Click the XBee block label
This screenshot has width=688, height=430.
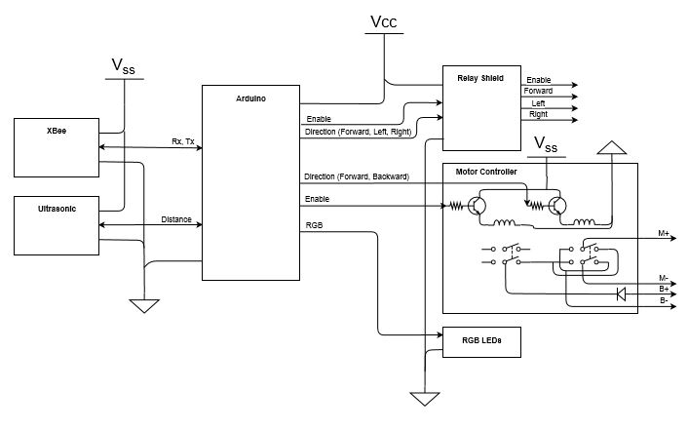coord(57,131)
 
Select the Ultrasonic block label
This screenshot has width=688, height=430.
coord(57,209)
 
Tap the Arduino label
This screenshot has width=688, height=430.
coord(250,98)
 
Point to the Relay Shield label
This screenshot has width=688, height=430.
coord(480,78)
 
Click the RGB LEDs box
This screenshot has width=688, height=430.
coord(481,341)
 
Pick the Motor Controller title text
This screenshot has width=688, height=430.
coord(485,172)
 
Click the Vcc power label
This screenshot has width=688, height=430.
coord(384,21)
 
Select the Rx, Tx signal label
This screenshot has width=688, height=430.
coord(182,141)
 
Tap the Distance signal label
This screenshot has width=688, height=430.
coord(176,219)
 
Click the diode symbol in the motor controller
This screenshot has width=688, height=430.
coord(621,293)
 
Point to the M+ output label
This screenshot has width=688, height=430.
coord(664,234)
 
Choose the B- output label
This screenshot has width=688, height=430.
coord(664,301)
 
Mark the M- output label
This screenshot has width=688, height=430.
coord(663,278)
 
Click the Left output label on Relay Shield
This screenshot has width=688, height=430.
coord(538,103)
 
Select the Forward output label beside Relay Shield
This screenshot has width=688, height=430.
coord(538,91)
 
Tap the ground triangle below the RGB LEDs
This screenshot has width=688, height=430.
coord(424,399)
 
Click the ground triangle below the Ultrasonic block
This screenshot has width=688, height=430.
coord(144,306)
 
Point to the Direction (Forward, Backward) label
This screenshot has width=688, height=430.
coord(357,176)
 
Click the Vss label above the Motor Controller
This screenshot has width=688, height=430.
coord(546,144)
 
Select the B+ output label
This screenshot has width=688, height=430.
coord(664,289)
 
